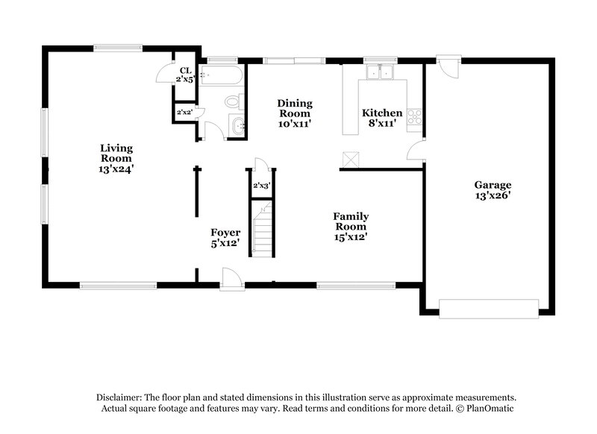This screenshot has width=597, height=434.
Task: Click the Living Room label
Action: pyautogui.click(x=116, y=158)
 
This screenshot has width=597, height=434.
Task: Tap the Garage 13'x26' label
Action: pyautogui.click(x=493, y=190)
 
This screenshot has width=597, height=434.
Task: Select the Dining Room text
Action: pyautogui.click(x=295, y=113)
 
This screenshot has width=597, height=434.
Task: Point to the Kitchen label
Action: pyautogui.click(x=382, y=119)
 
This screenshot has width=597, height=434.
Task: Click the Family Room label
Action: pyautogui.click(x=351, y=227)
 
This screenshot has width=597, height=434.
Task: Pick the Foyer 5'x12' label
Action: pyautogui.click(x=225, y=237)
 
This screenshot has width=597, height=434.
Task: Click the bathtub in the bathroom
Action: pyautogui.click(x=223, y=75)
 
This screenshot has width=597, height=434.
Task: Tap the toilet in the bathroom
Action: pyautogui.click(x=233, y=101)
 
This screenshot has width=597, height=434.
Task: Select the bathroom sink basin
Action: pyautogui.click(x=237, y=126)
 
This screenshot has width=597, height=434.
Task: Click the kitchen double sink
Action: pyautogui.click(x=381, y=73)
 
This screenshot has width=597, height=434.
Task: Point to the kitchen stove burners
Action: pyautogui.click(x=415, y=116)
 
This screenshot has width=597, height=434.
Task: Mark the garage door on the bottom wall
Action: pyautogui.click(x=489, y=309)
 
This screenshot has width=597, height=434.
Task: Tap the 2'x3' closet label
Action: pyautogui.click(x=261, y=185)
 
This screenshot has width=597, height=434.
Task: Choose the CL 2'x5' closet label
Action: pyautogui.click(x=184, y=75)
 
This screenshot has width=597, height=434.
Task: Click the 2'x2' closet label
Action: pyautogui.click(x=184, y=113)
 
